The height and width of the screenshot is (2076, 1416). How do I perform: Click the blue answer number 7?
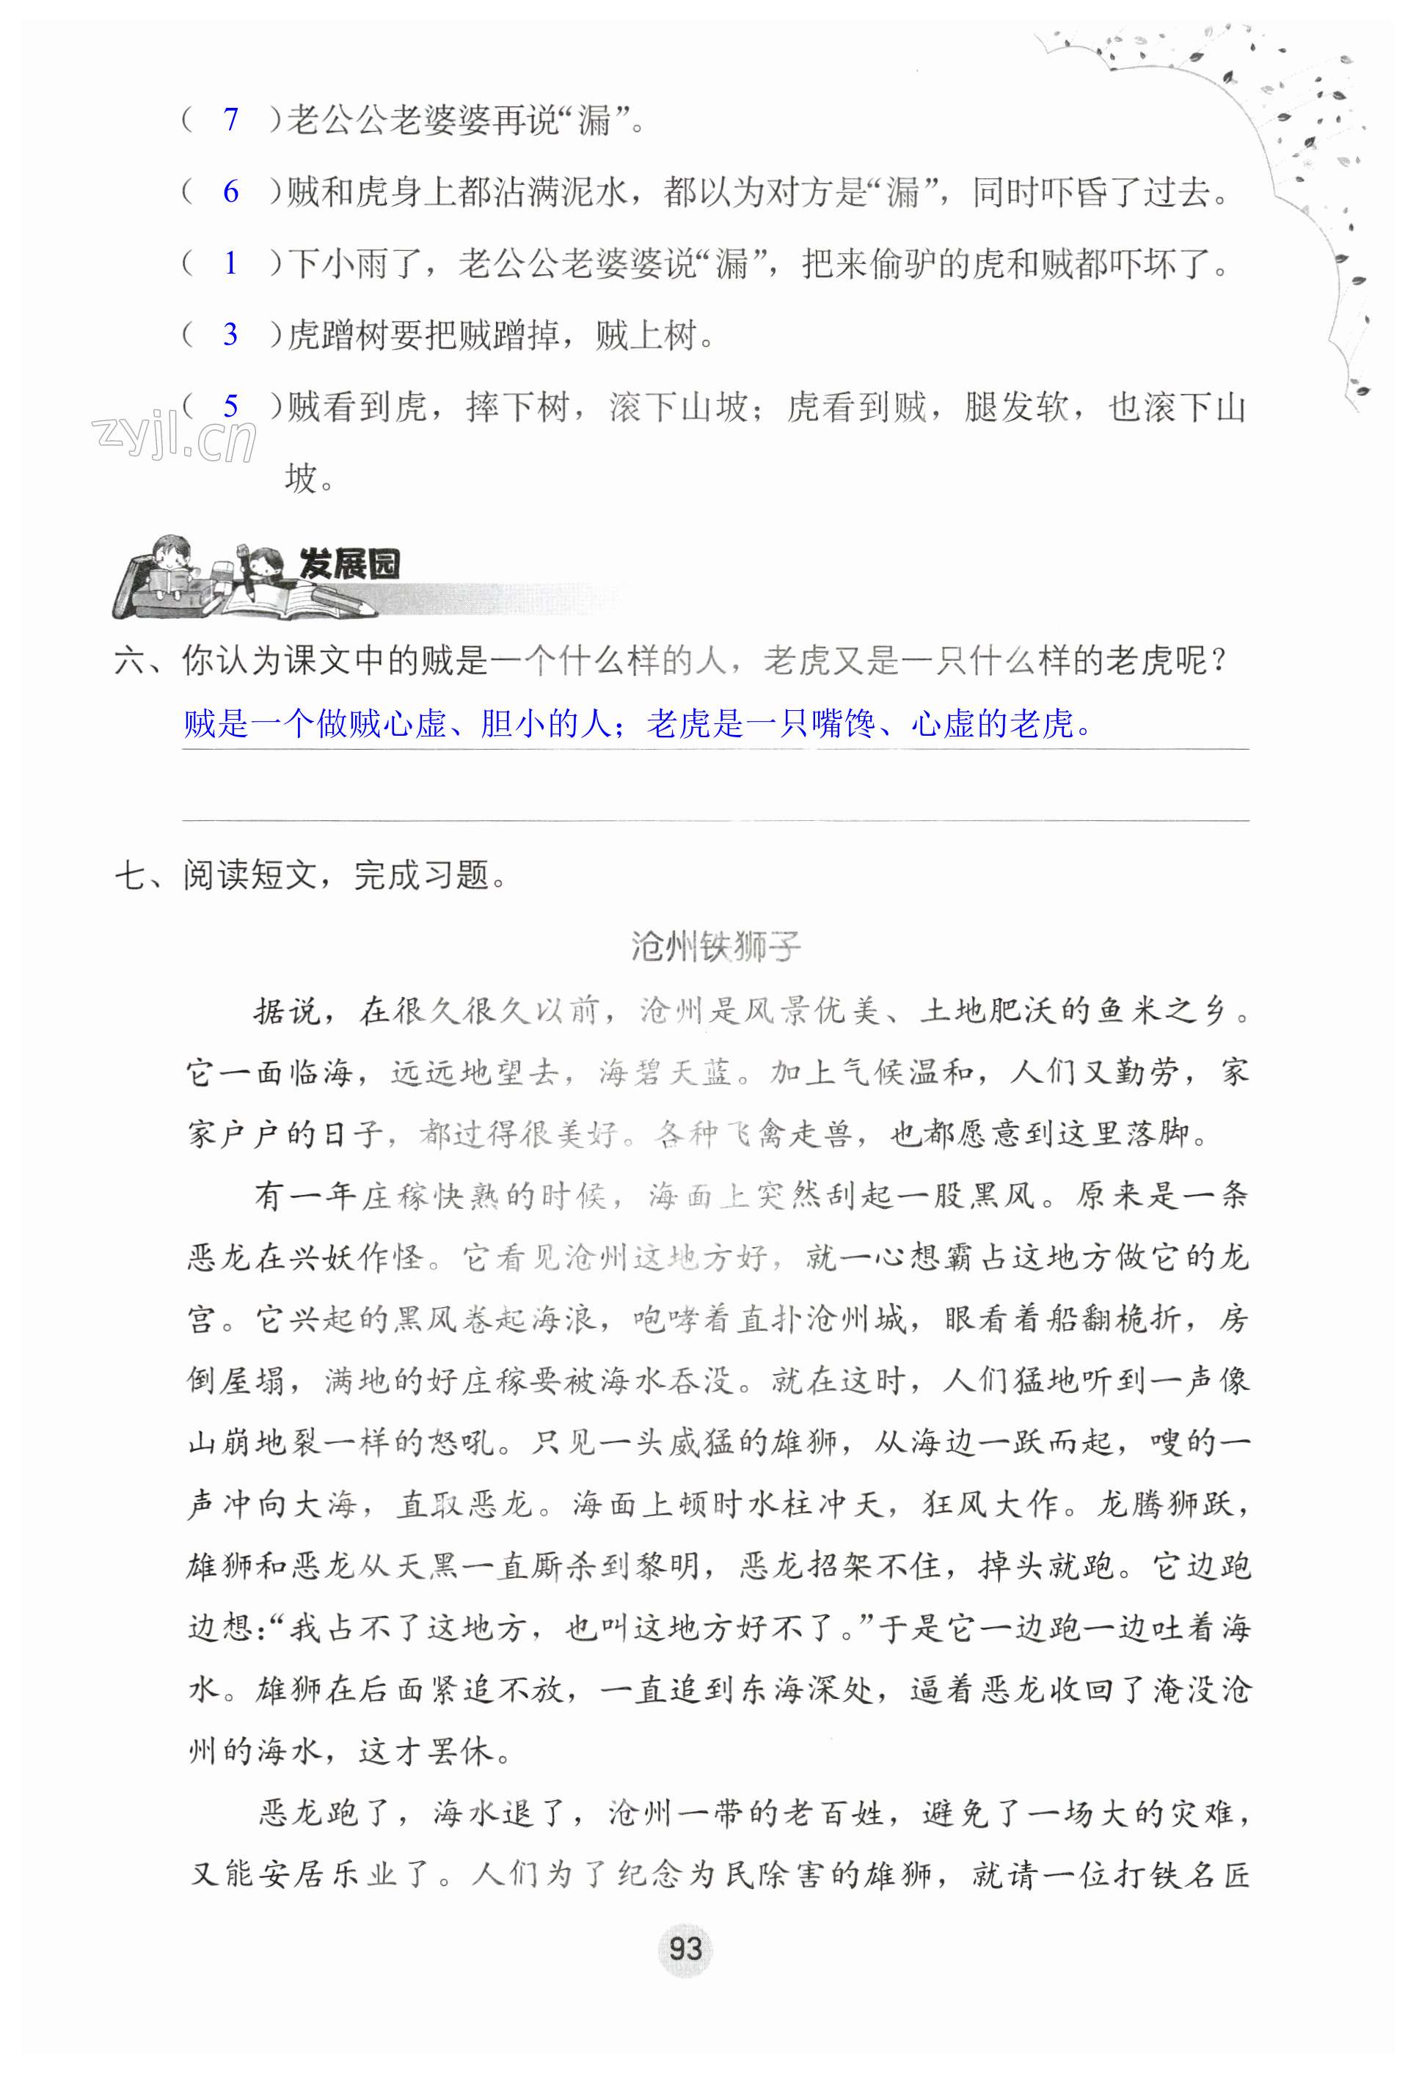click(x=230, y=119)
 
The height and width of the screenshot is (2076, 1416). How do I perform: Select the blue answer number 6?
click(x=230, y=191)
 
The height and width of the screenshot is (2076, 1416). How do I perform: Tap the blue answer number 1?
click(x=230, y=263)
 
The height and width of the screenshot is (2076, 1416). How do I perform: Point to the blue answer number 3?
click(x=230, y=335)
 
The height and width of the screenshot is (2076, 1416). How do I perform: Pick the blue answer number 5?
click(x=230, y=407)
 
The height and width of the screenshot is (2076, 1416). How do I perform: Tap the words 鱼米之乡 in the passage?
click(x=1161, y=1010)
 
